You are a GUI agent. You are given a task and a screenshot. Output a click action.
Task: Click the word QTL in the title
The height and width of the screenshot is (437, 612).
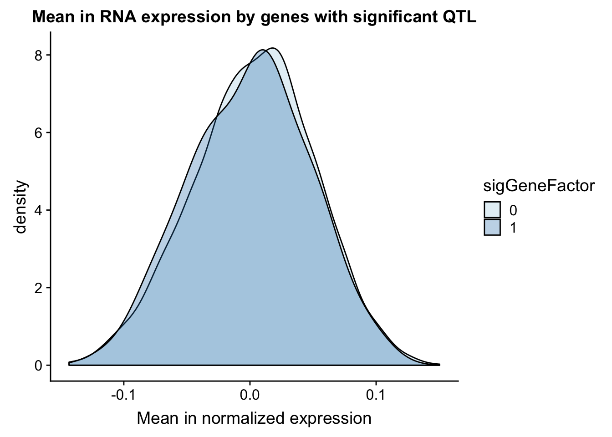(459, 17)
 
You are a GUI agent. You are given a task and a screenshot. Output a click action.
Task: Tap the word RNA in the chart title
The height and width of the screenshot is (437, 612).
(117, 17)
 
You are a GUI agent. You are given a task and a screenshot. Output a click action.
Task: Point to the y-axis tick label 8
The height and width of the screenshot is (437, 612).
(39, 56)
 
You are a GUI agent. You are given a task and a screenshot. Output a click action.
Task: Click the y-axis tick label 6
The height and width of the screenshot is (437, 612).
(39, 133)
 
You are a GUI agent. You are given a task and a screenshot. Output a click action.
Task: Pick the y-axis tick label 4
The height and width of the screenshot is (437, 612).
(39, 211)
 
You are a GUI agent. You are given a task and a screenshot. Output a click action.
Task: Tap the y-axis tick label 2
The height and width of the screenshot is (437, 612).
(39, 288)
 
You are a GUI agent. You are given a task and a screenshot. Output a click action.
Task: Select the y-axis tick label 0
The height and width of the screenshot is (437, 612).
(39, 366)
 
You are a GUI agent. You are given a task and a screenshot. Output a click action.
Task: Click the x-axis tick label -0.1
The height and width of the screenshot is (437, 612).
(124, 395)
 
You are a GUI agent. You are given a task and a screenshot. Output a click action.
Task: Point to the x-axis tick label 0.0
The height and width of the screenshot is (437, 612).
(250, 395)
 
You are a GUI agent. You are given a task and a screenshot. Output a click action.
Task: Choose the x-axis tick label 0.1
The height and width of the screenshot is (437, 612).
(376, 395)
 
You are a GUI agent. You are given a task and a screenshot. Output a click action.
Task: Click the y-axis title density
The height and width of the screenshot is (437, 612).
(20, 207)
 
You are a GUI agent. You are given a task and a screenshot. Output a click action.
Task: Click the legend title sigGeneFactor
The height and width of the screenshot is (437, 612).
(539, 187)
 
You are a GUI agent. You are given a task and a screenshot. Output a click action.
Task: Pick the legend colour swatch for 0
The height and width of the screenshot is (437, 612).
(492, 210)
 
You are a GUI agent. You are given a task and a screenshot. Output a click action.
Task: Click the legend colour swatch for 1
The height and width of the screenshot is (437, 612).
(492, 227)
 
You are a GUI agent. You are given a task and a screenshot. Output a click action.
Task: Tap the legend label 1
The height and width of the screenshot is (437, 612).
(513, 227)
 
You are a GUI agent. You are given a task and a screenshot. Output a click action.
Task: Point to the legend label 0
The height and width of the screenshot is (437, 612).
(513, 210)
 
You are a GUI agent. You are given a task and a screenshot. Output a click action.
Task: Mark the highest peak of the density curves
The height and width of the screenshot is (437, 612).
(273, 48)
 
